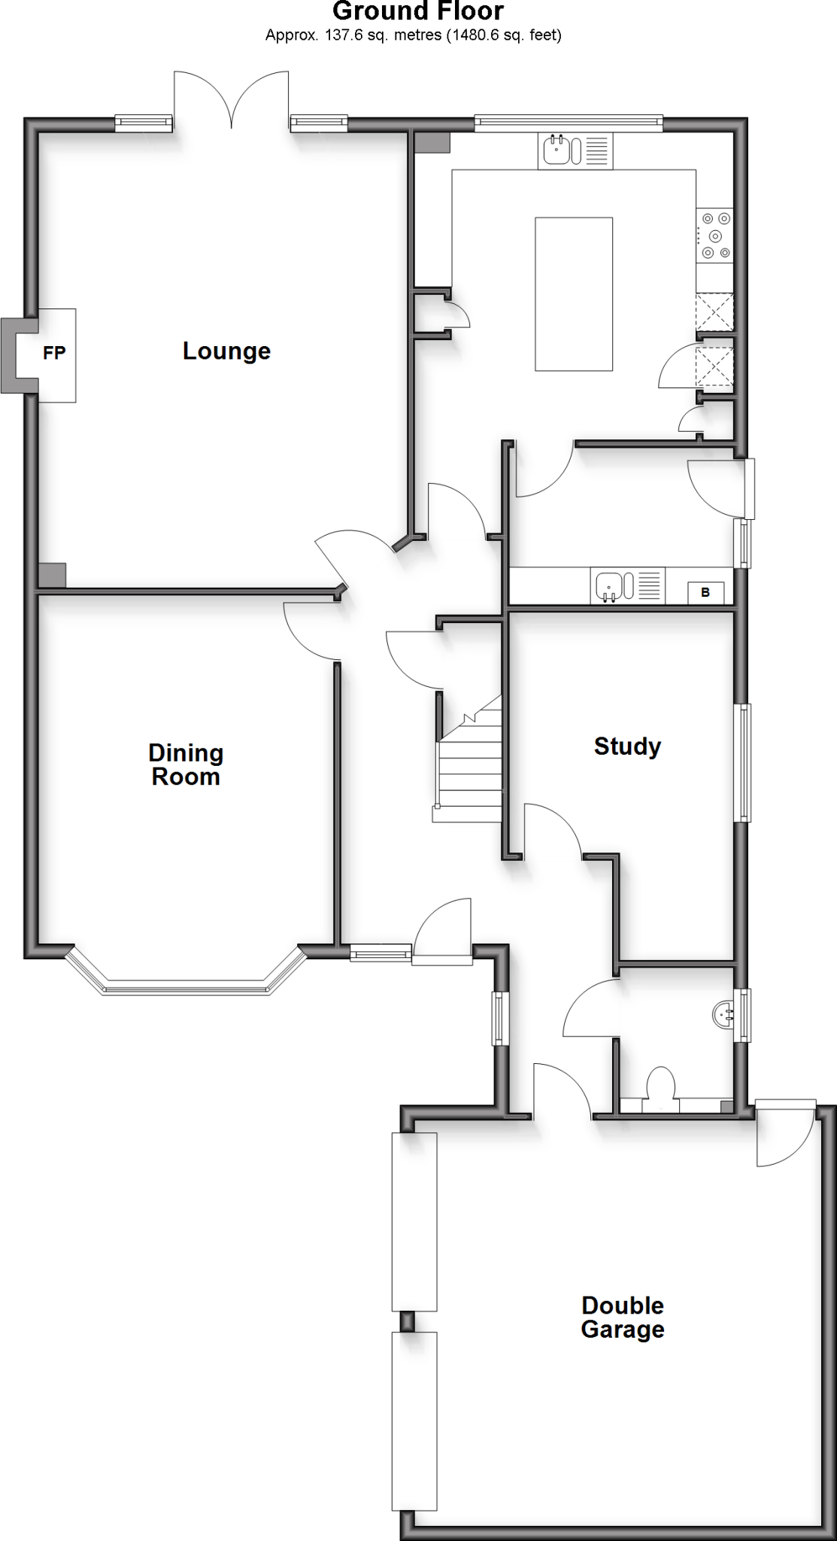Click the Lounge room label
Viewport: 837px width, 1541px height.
point(226,351)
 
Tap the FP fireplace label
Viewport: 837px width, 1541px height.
point(54,352)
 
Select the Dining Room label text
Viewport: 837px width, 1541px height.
point(186,764)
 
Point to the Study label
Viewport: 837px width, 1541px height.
point(627,746)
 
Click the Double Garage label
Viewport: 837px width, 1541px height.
point(623,1317)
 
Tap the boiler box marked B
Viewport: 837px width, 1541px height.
point(705,593)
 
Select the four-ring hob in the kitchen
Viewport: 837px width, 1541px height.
point(714,236)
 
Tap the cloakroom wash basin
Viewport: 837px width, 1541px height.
point(723,1014)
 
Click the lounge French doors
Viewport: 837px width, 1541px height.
point(231,102)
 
